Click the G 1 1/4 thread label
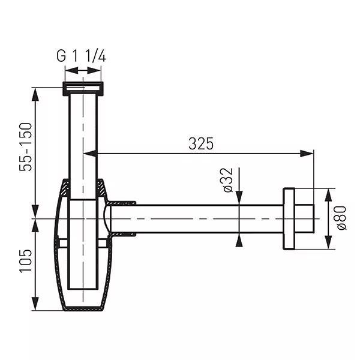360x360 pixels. (x=81, y=56)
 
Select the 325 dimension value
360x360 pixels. (x=201, y=144)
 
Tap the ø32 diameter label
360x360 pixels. (x=227, y=180)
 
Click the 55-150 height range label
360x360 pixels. (x=25, y=147)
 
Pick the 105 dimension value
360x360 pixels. (x=25, y=261)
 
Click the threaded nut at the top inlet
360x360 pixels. (x=83, y=88)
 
